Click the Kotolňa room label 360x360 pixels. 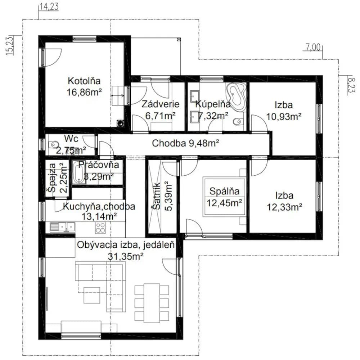click(x=84, y=81)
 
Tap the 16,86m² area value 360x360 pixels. click(x=84, y=92)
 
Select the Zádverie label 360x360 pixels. click(x=160, y=104)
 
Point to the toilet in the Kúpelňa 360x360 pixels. click(x=237, y=121)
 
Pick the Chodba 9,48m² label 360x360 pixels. click(x=185, y=143)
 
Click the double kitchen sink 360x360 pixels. click(x=62, y=227)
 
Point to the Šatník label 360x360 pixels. click(x=157, y=196)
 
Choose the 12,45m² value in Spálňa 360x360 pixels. click(x=224, y=203)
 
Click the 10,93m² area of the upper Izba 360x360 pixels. click(x=284, y=117)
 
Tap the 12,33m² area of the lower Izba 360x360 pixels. click(x=284, y=207)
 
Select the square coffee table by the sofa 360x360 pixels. click(x=91, y=295)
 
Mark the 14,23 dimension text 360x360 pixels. click(x=49, y=6)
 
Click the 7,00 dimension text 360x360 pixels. click(x=313, y=47)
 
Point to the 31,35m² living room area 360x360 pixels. click(x=126, y=256)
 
